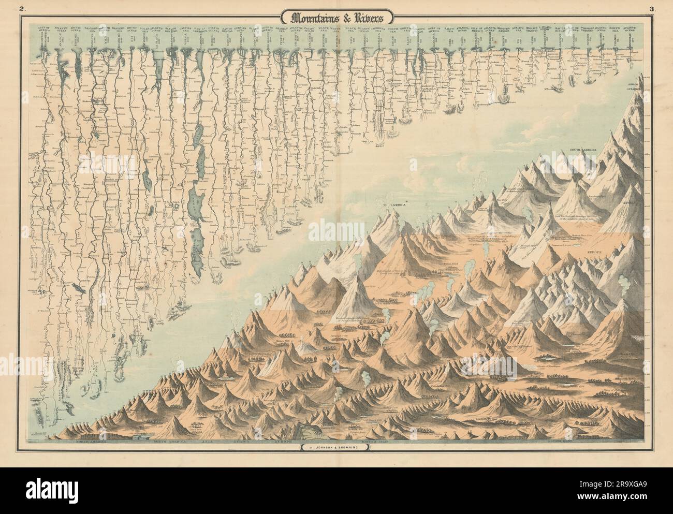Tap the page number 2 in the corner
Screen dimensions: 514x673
pos(22,8)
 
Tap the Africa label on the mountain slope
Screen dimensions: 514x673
pos(633,203)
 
